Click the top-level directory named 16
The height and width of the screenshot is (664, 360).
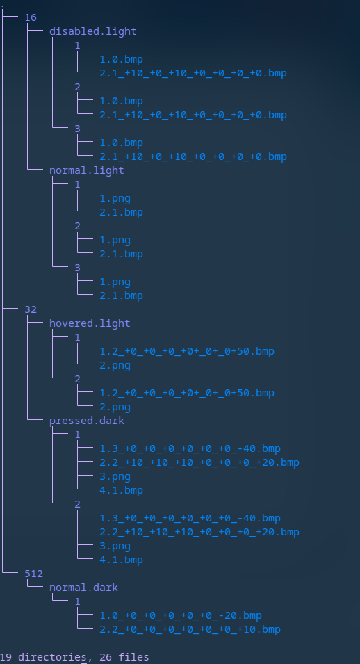(x=31, y=17)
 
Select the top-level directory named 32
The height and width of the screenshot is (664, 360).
(x=31, y=309)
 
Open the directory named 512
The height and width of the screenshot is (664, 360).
(x=34, y=574)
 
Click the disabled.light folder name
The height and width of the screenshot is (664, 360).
(x=92, y=31)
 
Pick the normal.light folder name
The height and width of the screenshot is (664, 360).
(x=87, y=170)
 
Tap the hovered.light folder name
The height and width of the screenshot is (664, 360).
(x=90, y=323)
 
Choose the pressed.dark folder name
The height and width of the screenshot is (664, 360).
(x=87, y=421)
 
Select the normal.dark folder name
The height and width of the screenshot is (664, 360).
(x=83, y=588)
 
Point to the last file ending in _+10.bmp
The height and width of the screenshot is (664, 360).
(x=190, y=630)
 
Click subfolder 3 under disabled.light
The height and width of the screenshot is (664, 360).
(x=78, y=129)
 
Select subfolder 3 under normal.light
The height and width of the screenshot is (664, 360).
(x=78, y=268)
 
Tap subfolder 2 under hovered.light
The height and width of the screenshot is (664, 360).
(x=78, y=379)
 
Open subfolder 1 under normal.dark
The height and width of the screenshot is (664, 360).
(x=78, y=601)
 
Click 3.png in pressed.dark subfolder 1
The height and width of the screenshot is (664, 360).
(x=115, y=477)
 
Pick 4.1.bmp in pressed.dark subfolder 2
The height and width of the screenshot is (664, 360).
(x=121, y=560)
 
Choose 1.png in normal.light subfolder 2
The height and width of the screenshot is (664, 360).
(x=115, y=241)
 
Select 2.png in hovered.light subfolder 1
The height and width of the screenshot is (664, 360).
(x=115, y=366)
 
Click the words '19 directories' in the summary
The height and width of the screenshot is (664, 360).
(x=43, y=657)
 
